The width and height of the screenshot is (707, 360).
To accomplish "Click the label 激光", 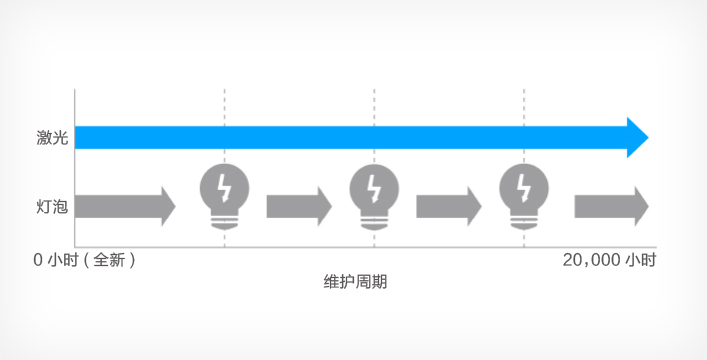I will click(51, 138).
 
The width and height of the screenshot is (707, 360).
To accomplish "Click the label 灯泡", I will click(51, 206).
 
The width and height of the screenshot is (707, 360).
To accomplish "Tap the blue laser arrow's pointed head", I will click(637, 137).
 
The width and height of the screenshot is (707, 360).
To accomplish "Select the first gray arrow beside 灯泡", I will click(125, 206).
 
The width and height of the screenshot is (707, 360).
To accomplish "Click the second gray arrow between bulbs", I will click(298, 206).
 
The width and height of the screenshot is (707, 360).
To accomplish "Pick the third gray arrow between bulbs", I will click(448, 206).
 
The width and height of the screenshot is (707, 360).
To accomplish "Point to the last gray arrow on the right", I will click(611, 206).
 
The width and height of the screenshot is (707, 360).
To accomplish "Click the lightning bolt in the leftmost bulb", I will click(224, 187).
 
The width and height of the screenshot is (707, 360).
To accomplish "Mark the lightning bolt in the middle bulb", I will click(374, 187).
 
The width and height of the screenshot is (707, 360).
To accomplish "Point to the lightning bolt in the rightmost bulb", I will click(524, 187).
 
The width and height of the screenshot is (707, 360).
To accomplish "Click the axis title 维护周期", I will click(355, 282).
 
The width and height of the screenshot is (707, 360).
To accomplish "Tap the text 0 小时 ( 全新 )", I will click(84, 260).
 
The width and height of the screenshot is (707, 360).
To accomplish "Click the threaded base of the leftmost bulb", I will click(224, 220).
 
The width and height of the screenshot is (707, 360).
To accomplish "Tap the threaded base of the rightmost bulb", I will click(524, 220).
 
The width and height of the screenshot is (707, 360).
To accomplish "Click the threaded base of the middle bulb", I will click(374, 220).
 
